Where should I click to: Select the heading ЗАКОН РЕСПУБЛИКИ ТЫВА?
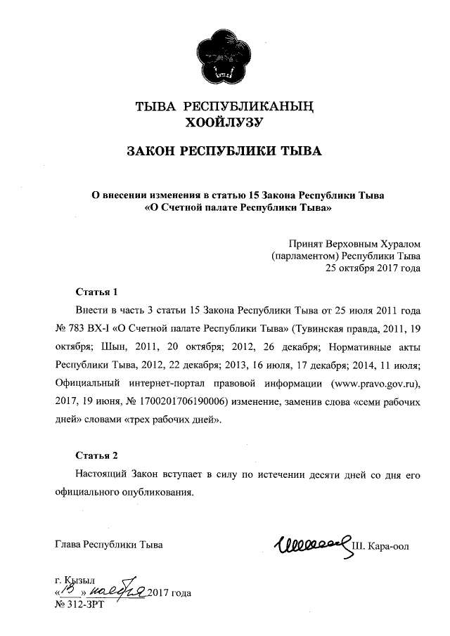(x=223, y=151)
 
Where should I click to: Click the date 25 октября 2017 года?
(x=373, y=268)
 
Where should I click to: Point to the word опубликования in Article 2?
(x=155, y=492)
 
